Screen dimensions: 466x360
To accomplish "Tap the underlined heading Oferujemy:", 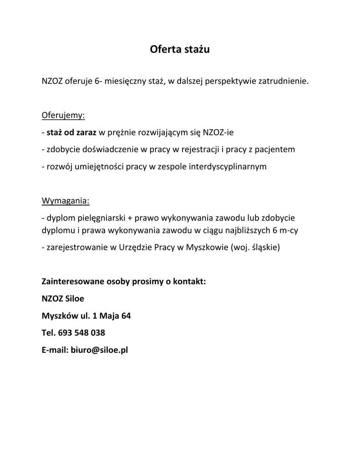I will pyautogui.click(x=63, y=115).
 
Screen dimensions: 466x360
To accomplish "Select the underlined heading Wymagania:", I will pyautogui.click(x=66, y=201).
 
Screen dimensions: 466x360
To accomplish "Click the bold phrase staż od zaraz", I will pyautogui.click(x=71, y=132).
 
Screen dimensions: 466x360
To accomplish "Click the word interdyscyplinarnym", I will pyautogui.click(x=227, y=167).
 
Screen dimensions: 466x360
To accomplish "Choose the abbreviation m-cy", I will pyautogui.click(x=289, y=230).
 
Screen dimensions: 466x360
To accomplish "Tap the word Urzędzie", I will pyautogui.click(x=136, y=248).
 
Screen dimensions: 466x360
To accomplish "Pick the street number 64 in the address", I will pyautogui.click(x=126, y=315).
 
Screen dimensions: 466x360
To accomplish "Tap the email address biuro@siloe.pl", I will pyautogui.click(x=99, y=350).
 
